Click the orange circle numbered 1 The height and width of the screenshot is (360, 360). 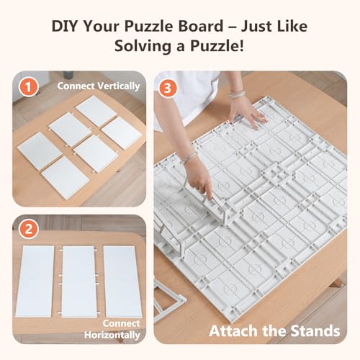(28, 87)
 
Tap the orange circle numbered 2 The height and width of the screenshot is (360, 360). (28, 229)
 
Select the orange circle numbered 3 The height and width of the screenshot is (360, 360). (168, 88)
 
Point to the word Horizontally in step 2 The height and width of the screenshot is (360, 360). (112, 335)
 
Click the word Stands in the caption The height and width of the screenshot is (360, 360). (315, 331)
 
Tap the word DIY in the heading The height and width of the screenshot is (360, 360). (64, 26)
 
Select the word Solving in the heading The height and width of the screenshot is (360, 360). (143, 46)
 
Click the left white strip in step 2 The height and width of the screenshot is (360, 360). (35, 281)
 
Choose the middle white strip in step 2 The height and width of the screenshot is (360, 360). (78, 282)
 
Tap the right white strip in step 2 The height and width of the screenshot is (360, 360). (122, 282)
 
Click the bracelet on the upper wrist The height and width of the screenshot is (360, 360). (236, 94)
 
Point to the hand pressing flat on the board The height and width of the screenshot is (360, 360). (248, 113)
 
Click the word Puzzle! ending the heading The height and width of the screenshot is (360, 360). (217, 46)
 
